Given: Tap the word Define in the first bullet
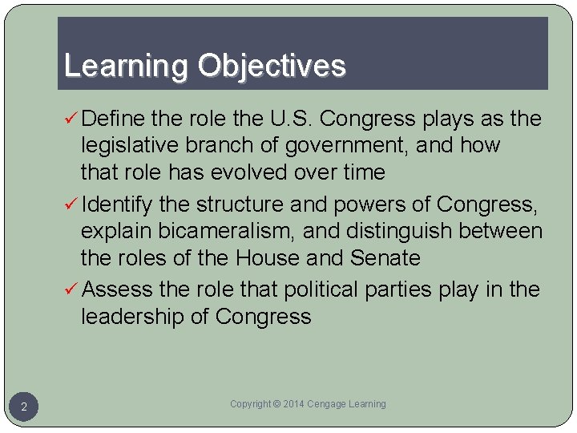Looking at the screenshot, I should pos(113,119).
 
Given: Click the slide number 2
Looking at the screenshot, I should pos(24,408).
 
